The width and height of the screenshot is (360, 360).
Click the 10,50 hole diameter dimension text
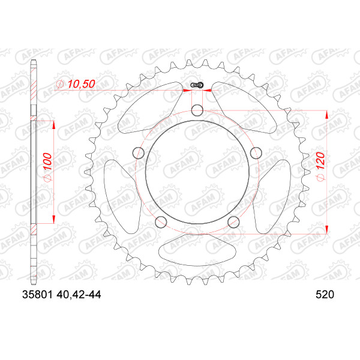tap(81, 84)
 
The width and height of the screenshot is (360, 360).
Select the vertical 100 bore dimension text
tap(48, 161)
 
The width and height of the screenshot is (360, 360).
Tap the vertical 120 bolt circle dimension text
tap(321, 161)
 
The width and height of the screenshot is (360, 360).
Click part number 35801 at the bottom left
tap(37, 295)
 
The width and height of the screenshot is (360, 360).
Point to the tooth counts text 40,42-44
tap(79, 295)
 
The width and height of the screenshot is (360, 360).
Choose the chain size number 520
tap(325, 295)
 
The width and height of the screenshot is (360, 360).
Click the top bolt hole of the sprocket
tap(197, 110)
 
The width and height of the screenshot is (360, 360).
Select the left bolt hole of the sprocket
tap(139, 153)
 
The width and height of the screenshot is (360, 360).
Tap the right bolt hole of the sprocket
tap(256, 153)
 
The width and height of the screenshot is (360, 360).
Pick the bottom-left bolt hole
tap(161, 222)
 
